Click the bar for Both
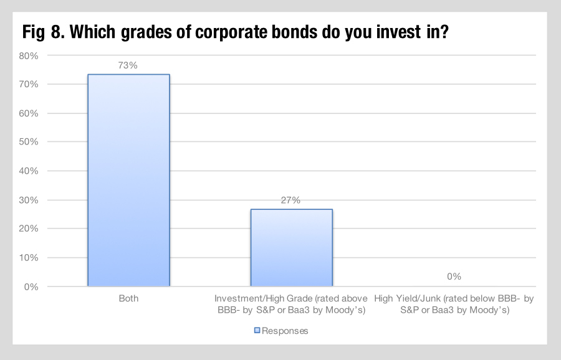[129, 180]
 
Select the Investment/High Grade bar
[292, 248]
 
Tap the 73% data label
[128, 65]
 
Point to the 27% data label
[290, 200]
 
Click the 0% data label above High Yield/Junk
[454, 277]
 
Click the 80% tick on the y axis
[29, 56]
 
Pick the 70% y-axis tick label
[29, 84]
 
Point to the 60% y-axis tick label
[29, 113]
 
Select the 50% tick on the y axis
[29, 142]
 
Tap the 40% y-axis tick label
[29, 171]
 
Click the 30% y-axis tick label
[29, 200]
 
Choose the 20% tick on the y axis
[29, 229]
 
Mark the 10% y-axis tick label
[29, 258]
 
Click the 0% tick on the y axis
[31, 287]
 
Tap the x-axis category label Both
[128, 298]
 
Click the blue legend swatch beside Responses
[257, 330]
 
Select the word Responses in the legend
[285, 331]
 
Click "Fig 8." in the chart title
[44, 32]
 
